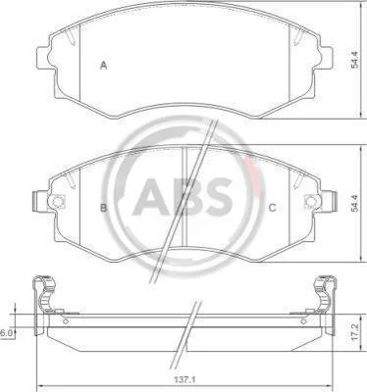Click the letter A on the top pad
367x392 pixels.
[x=104, y=66]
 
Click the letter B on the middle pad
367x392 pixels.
[x=103, y=208]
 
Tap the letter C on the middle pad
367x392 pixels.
[x=272, y=208]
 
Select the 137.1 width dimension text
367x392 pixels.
[x=184, y=380]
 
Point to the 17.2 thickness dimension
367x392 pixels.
[x=354, y=332]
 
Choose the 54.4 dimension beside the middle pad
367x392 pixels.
[x=354, y=203]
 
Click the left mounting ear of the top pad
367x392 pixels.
[x=43, y=58]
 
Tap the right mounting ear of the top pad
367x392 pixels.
[x=326, y=58]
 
